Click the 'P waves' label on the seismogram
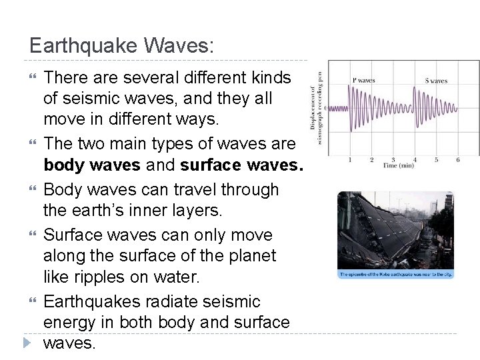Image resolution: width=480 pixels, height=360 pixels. tap(363, 81)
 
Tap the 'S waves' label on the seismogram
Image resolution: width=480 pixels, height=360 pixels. tap(436, 81)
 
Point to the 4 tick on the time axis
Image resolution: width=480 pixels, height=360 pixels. tap(415, 160)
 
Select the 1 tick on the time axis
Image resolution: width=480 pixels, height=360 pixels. tap(350, 160)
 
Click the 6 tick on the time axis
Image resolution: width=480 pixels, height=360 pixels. tap(457, 160)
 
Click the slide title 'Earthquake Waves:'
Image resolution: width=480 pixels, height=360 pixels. tap(122, 46)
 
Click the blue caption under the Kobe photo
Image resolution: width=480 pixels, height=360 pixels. tap(396, 274)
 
